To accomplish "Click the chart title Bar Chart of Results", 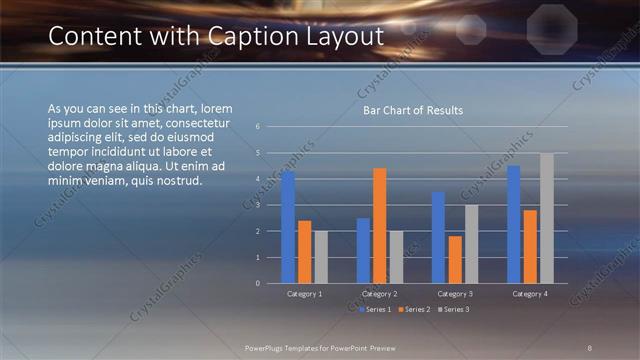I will click(412, 110).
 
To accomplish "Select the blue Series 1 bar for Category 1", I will click(288, 227).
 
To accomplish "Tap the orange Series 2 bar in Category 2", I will click(379, 225).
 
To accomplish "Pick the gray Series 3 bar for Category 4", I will click(546, 218).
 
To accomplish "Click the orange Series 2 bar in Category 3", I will click(455, 259).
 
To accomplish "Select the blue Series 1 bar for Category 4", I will click(514, 224).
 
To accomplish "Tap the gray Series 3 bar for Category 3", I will click(471, 244).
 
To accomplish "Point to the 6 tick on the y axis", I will click(258, 127).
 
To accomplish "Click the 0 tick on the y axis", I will click(258, 283).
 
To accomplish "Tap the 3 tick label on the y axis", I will click(258, 205).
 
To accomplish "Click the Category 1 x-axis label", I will click(304, 294).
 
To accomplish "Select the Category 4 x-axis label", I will click(530, 294).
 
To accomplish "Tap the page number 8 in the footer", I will click(590, 346).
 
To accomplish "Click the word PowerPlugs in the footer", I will click(267, 346).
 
